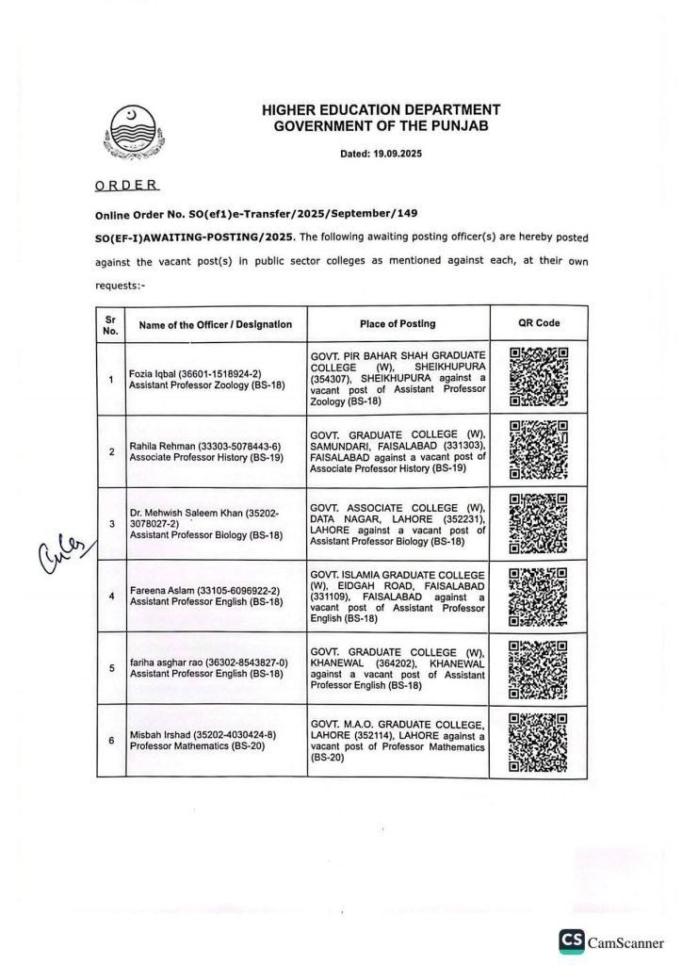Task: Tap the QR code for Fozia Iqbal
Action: click(x=539, y=377)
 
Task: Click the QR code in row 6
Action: click(x=538, y=742)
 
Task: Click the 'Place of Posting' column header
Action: click(x=398, y=323)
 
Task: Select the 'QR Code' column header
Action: click(x=539, y=323)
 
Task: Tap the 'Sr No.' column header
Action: click(x=111, y=324)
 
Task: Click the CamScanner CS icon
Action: click(x=571, y=940)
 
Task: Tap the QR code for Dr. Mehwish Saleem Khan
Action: click(x=538, y=523)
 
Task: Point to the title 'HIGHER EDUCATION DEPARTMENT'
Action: click(x=381, y=110)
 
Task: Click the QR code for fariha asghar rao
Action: click(x=538, y=669)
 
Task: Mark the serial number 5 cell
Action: click(x=111, y=668)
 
